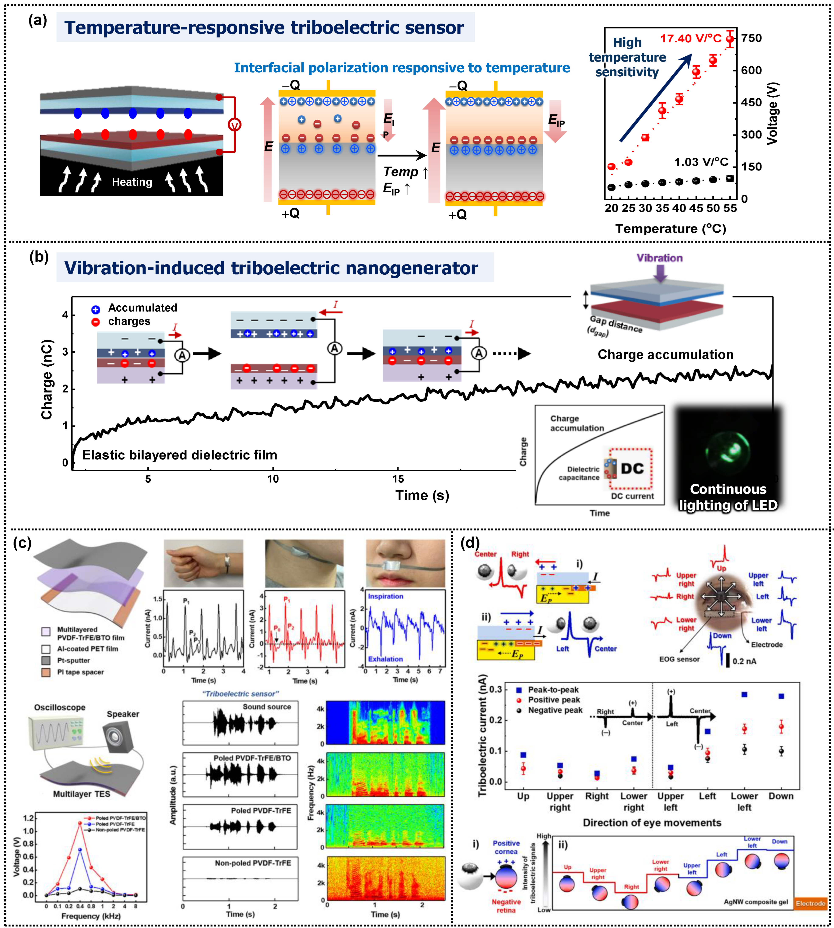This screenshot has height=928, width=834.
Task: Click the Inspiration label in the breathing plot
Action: coord(385,596)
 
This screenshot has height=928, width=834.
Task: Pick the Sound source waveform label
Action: coord(267,707)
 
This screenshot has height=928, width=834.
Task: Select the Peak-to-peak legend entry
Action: coord(553,690)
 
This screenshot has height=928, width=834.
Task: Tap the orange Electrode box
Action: coord(810,903)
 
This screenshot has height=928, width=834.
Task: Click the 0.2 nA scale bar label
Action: coord(744,661)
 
